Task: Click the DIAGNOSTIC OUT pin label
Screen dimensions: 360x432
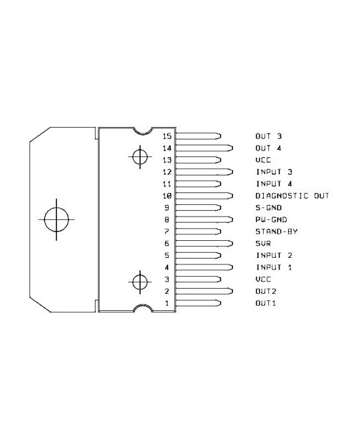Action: (x=292, y=196)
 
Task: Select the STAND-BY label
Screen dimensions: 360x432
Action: (x=276, y=232)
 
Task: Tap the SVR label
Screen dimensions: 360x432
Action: (x=263, y=243)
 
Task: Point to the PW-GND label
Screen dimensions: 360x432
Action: (x=271, y=219)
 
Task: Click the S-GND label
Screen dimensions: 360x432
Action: (x=268, y=207)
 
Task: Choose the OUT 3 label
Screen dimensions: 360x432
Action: (x=268, y=136)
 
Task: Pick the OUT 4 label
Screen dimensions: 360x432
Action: (x=268, y=148)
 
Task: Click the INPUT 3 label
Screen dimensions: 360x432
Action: (x=274, y=172)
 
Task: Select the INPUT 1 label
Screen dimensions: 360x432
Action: (x=274, y=268)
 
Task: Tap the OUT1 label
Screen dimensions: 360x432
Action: (x=266, y=303)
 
